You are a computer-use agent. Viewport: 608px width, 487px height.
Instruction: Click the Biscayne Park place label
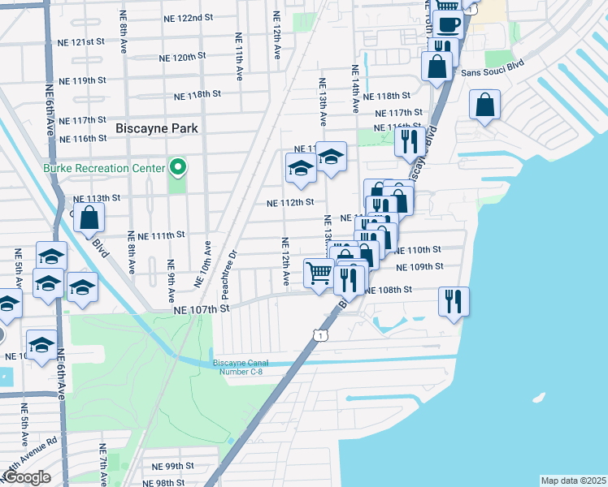pos(157,128)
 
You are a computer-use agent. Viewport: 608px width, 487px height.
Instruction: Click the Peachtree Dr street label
pos(232,266)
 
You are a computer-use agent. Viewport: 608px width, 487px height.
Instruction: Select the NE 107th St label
pos(202,309)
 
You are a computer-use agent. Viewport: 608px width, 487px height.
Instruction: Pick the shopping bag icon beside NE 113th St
pos(90,217)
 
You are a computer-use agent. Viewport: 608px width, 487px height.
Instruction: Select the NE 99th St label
pos(173,466)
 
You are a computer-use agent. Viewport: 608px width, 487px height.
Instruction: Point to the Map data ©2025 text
pos(573,480)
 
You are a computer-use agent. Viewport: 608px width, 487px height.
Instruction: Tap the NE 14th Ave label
pos(355,89)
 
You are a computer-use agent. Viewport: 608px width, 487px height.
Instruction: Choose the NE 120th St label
pos(183,58)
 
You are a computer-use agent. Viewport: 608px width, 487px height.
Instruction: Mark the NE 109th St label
pos(419,266)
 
